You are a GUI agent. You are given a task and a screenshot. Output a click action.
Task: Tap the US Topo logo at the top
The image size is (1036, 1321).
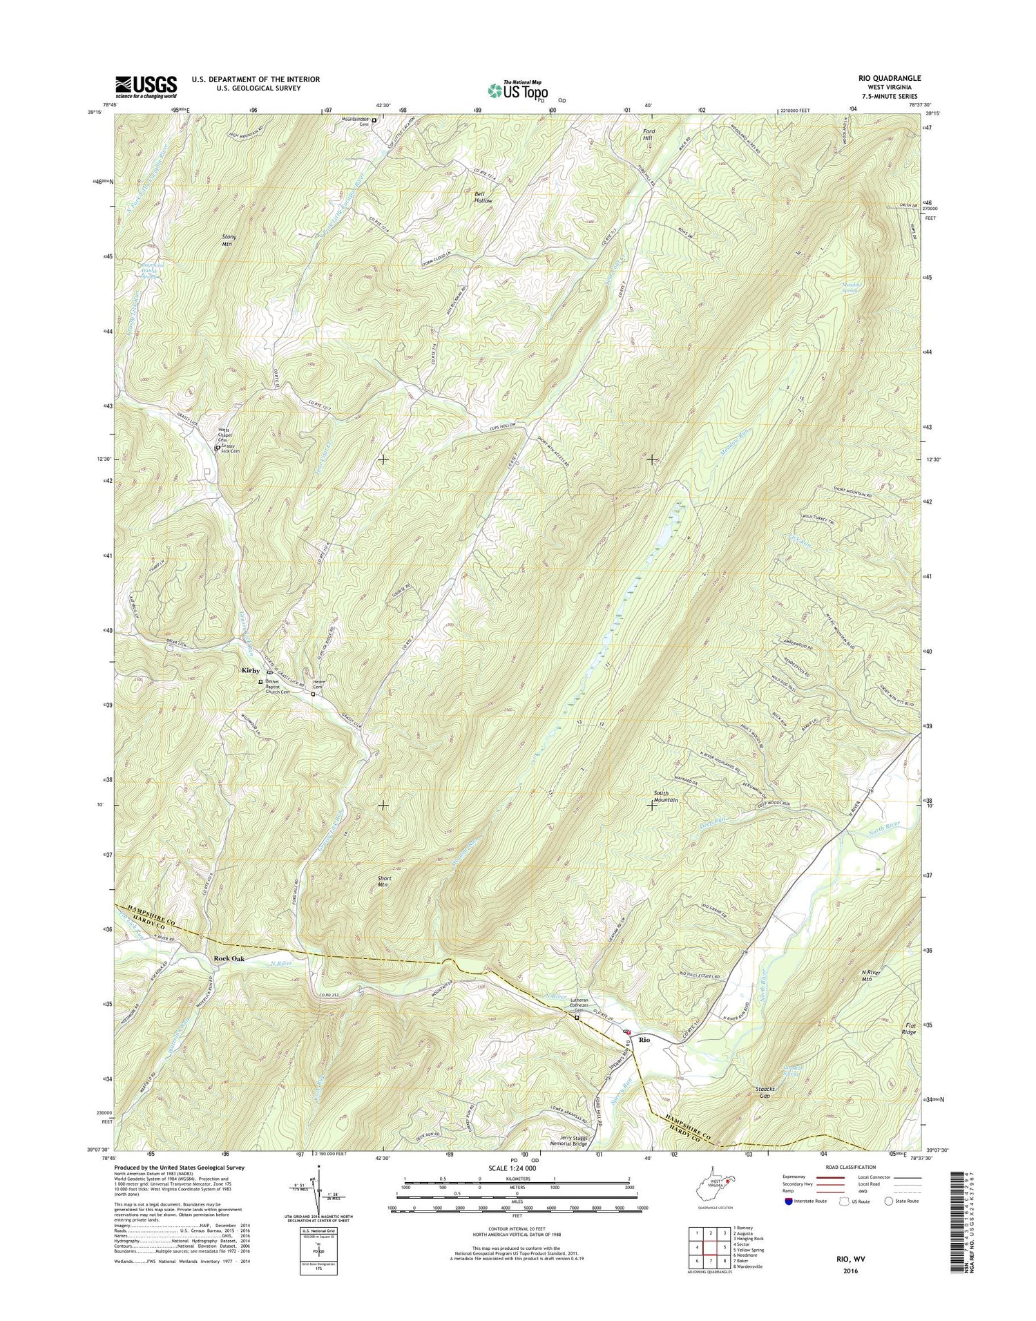pyautogui.click(x=518, y=90)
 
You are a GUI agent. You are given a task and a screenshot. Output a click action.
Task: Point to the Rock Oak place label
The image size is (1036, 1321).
pyautogui.click(x=229, y=959)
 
